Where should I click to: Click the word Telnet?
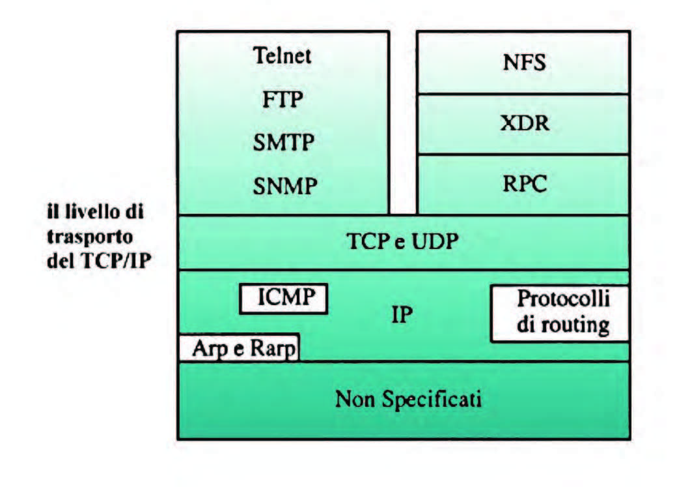coord(282,56)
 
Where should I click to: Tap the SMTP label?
coord(283,142)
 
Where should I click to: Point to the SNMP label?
coord(284,186)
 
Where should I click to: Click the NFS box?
coord(523,62)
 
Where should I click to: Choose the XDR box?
coord(523,124)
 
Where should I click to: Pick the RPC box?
coord(523,184)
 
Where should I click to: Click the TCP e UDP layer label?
coord(403,241)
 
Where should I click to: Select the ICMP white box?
coord(283,299)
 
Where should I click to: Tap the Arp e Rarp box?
coord(239,347)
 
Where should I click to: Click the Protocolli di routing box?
coord(560,314)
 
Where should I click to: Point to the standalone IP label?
coord(402,315)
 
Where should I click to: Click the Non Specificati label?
coord(408,399)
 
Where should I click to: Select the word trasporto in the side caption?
coord(90,237)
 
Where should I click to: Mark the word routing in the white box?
coord(575,326)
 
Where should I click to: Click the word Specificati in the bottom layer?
coord(431,400)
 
